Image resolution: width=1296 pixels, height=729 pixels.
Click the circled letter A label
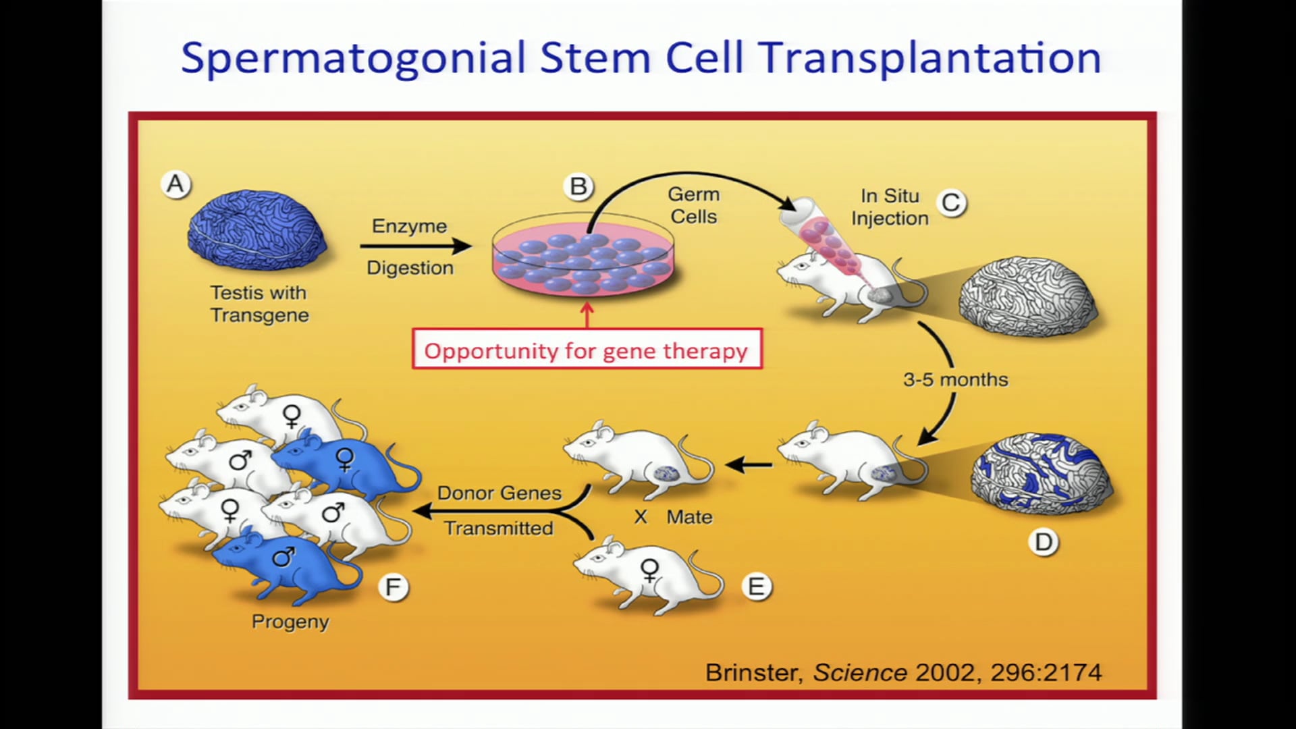pos(175,184)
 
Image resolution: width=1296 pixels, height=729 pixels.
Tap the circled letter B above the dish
pos(578,186)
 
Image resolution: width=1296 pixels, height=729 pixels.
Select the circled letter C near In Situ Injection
pos(952,202)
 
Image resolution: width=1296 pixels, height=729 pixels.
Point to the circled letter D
pos(1044,542)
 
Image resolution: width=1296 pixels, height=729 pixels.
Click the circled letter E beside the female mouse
pos(756,586)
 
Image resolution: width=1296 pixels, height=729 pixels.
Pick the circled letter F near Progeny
pos(393,587)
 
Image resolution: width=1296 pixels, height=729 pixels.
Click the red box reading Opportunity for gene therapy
pos(587,350)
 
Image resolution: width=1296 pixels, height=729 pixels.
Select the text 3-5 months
pos(955,379)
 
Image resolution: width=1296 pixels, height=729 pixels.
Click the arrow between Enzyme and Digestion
pos(416,246)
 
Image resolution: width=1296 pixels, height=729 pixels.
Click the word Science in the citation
pos(860,672)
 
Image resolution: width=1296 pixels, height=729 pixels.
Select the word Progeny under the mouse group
pos(290,621)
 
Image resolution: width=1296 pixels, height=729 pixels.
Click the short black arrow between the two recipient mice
pos(749,464)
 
